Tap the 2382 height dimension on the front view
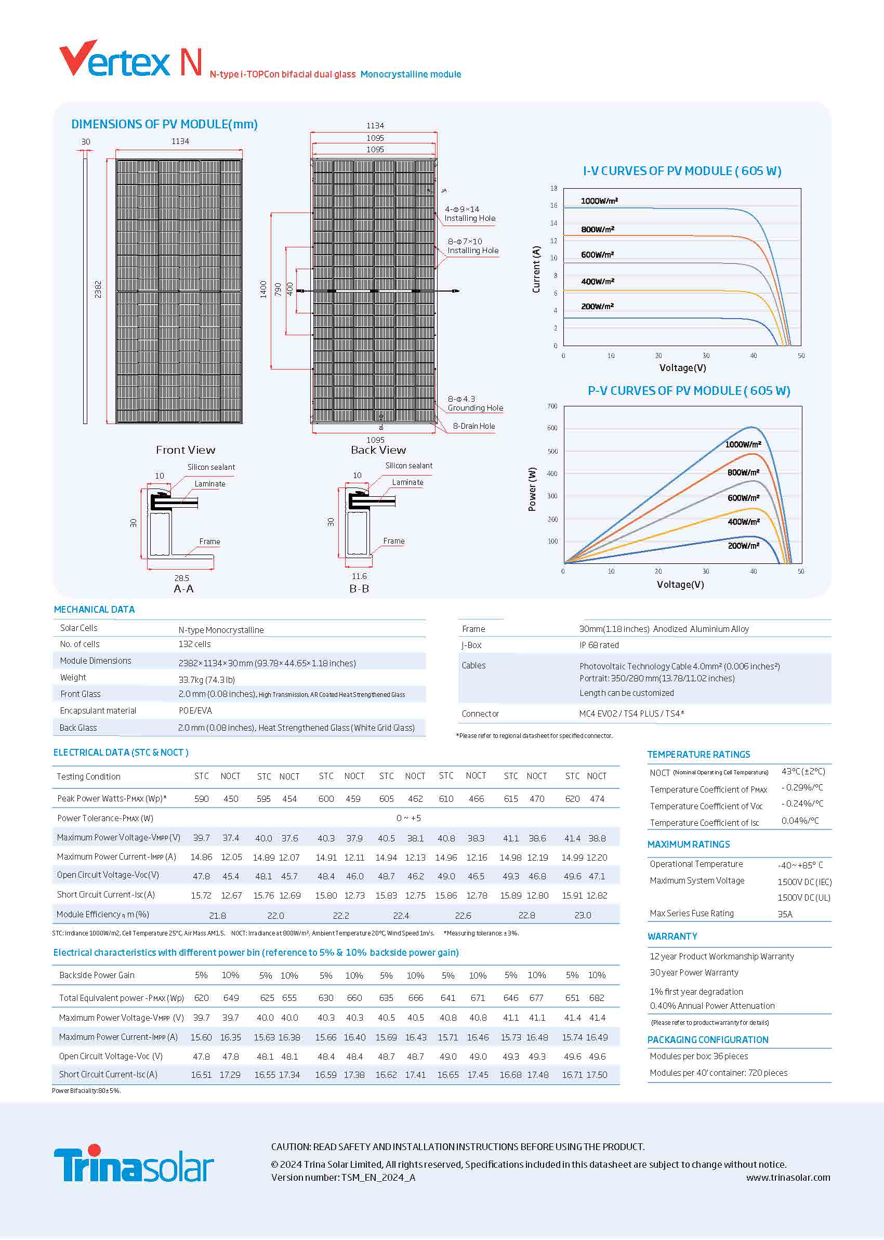click(x=98, y=289)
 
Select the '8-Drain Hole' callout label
click(x=473, y=426)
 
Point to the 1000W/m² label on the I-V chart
click(x=599, y=201)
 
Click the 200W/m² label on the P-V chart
click(x=743, y=546)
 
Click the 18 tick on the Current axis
click(x=553, y=188)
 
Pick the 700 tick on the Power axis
click(x=552, y=406)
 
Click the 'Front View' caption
click(x=185, y=450)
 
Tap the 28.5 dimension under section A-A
click(x=181, y=578)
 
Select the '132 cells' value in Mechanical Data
click(x=194, y=644)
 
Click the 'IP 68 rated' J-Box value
click(x=599, y=645)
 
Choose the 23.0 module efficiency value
click(x=583, y=916)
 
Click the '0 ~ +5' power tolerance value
click(x=408, y=818)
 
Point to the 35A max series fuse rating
click(x=784, y=915)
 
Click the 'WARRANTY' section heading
click(x=672, y=936)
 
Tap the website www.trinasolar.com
click(x=788, y=1178)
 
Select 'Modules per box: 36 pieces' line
click(x=698, y=1056)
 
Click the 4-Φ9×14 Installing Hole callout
click(x=469, y=214)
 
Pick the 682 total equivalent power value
click(x=597, y=998)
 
